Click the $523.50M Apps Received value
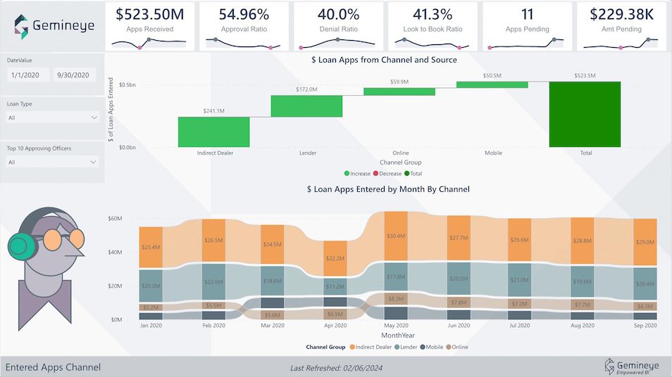coord(149,14)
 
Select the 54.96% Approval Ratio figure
coord(244,14)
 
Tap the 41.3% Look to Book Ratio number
coord(433,14)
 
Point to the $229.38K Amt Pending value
coord(621,14)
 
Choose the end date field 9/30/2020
coord(73,75)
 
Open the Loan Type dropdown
coord(52,117)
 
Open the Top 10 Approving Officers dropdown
coord(52,162)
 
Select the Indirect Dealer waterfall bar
coord(213,132)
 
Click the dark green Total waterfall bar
coord(585,114)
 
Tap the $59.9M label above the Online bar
coord(399,82)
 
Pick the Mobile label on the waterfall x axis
coord(493,153)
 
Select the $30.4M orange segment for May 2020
coord(396,236)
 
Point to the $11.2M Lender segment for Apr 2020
coord(335,286)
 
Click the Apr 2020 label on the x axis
coord(335,326)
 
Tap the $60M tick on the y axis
coord(114,219)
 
